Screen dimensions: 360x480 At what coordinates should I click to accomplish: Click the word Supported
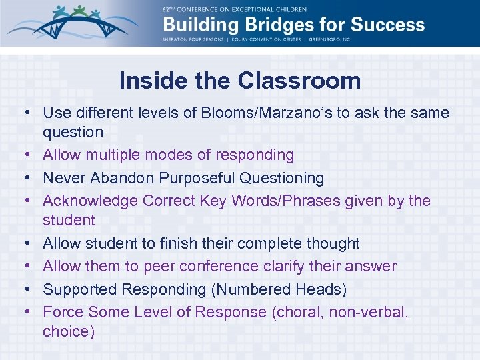coord(79,289)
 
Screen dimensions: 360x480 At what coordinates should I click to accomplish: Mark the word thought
coord(332,244)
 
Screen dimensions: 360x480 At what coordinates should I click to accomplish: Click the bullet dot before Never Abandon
coord(31,179)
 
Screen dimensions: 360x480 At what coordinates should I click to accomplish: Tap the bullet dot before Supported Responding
coord(31,290)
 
